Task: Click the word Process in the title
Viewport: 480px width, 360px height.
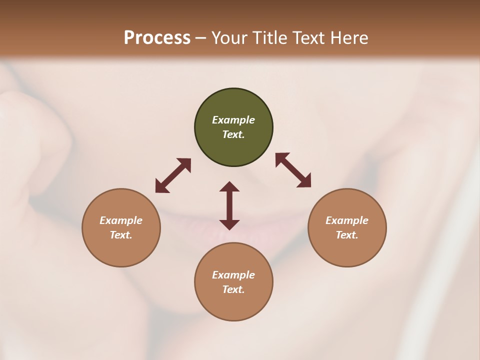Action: point(157,38)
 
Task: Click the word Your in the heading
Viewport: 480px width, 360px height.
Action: point(229,38)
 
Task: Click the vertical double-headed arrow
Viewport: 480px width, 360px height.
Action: point(229,205)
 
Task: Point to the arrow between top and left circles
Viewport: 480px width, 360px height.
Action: point(173,175)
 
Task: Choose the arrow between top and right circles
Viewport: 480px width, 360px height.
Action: point(293,170)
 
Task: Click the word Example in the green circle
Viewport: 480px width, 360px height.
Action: point(233,120)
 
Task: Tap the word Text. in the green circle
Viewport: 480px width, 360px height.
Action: point(233,134)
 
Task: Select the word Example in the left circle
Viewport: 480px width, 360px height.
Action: point(121,220)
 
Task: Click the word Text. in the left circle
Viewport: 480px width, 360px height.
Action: point(121,235)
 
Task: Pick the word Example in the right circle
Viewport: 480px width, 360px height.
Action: point(347,220)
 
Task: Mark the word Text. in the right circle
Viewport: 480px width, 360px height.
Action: point(347,235)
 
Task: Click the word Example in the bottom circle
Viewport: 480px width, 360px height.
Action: point(233,275)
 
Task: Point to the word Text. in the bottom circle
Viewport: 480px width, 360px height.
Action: point(233,289)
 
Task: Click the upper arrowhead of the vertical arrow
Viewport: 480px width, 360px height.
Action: point(229,186)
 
